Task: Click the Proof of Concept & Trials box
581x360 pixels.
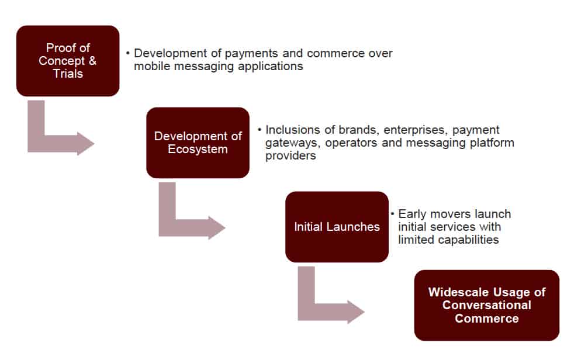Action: tap(68, 61)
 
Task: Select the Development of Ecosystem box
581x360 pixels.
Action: tap(198, 143)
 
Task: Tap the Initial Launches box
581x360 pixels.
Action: tap(337, 227)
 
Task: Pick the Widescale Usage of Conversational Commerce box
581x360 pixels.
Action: tap(486, 305)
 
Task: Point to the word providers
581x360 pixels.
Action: tap(290, 156)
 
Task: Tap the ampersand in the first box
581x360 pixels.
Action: tap(92, 61)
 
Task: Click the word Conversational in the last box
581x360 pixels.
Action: tap(486, 305)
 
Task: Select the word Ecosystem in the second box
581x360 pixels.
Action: tap(198, 149)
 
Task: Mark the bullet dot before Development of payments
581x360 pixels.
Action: tap(128, 53)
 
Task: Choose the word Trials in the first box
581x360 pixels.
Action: tap(68, 74)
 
